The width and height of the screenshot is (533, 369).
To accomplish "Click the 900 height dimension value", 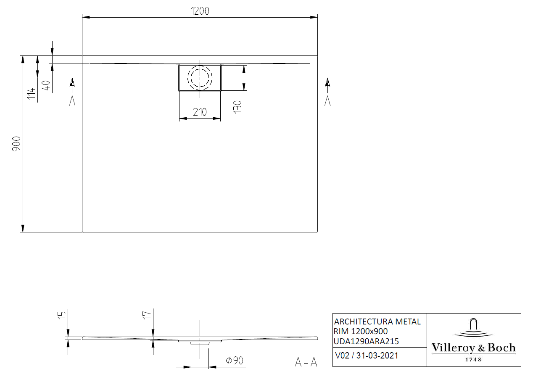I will tap(16, 144).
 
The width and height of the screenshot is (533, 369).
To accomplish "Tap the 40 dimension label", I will tap(46, 85).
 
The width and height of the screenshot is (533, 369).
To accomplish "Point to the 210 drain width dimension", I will tap(200, 112).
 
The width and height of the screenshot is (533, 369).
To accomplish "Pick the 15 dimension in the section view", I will tap(61, 314).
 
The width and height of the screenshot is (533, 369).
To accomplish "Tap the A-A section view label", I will tap(306, 362).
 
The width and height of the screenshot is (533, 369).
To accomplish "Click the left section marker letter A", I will tap(72, 101).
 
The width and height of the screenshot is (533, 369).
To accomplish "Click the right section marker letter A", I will tap(327, 101).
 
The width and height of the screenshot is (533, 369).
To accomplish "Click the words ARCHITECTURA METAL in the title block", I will tap(377, 322).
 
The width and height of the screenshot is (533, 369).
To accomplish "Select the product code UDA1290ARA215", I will tap(367, 341).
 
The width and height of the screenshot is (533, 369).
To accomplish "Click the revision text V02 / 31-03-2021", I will tap(367, 356).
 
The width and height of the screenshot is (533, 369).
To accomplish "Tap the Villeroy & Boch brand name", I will tap(473, 348).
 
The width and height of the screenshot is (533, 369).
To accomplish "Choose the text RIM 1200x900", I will tap(361, 332).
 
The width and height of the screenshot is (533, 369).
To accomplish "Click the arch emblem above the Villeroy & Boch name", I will tap(473, 326).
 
